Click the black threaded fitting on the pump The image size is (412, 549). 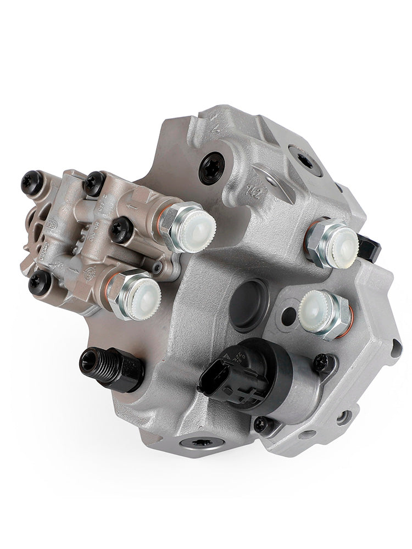(110, 367)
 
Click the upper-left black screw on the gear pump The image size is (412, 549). (31, 182)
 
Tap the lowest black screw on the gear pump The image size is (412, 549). (41, 282)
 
